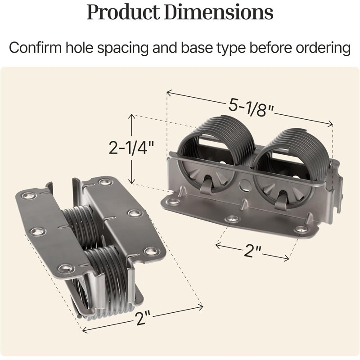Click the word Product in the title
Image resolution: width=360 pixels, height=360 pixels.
coord(123,12)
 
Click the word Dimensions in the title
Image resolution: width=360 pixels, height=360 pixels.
coord(219,12)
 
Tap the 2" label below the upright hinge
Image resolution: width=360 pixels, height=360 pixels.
coord(252,251)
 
